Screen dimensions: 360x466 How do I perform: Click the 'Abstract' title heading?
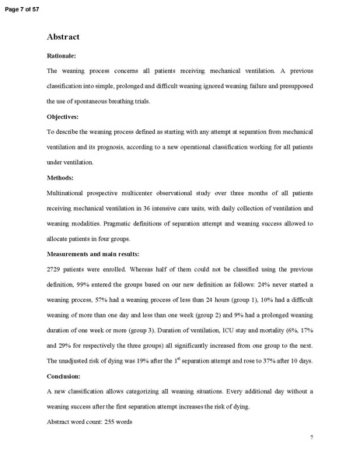click(x=65, y=37)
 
